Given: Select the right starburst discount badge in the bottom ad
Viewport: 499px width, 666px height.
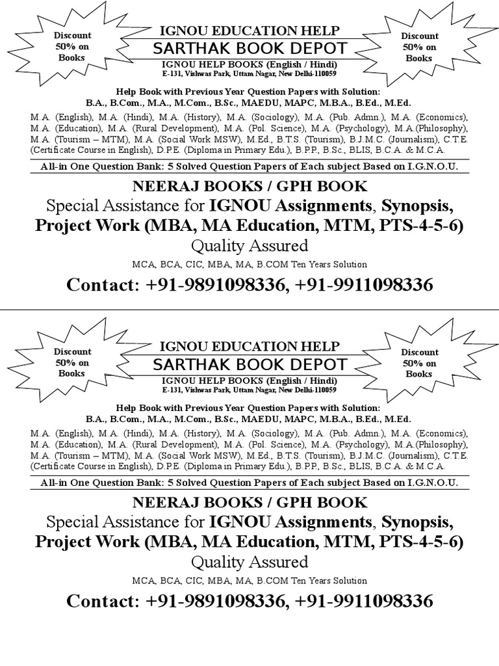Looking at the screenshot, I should pyautogui.click(x=418, y=363).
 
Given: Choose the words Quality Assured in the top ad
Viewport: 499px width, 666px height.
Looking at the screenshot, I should pyautogui.click(x=249, y=246).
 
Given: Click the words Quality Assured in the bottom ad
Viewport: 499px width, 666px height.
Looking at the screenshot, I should pyautogui.click(x=249, y=562).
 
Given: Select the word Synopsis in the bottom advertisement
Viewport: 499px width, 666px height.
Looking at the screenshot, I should pyautogui.click(x=416, y=522).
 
